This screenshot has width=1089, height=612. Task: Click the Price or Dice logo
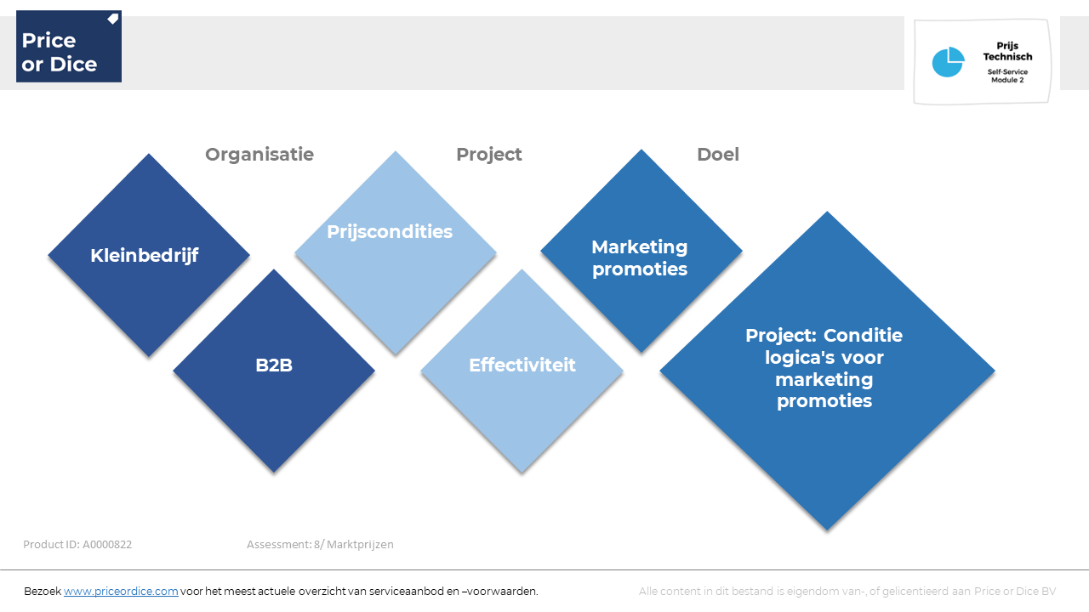[x=69, y=46]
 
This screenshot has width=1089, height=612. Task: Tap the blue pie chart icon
[x=948, y=62]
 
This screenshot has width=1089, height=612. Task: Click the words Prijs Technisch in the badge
[x=1007, y=51]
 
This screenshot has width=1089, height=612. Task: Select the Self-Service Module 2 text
[x=1007, y=76]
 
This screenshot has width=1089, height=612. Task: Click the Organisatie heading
[x=259, y=155]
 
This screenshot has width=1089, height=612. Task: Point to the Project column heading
[x=488, y=155]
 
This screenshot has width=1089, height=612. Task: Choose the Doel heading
[x=717, y=155]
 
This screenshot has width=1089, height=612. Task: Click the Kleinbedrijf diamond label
[x=145, y=256]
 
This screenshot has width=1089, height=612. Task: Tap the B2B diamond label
[x=274, y=365]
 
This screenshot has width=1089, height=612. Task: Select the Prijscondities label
[x=390, y=232]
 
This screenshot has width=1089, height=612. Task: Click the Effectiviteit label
[x=522, y=365]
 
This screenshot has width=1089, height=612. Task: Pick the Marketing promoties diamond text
[x=639, y=258]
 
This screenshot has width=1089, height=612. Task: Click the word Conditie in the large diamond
[x=863, y=335]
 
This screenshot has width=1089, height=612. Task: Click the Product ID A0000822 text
[x=77, y=545]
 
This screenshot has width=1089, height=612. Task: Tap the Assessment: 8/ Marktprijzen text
[x=320, y=545]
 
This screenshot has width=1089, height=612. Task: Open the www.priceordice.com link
[x=121, y=592]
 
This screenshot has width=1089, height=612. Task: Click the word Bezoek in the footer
[x=43, y=592]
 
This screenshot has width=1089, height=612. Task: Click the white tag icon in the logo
[x=113, y=19]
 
